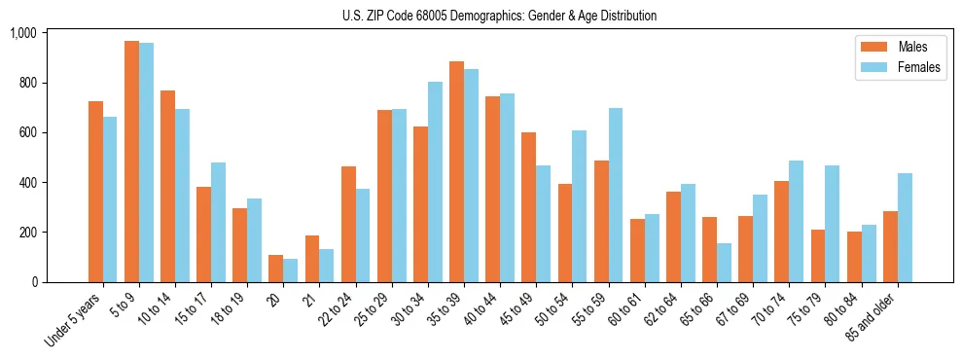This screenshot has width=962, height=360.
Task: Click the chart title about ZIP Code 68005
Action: tap(499, 16)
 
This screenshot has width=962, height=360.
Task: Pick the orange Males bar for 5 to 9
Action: tap(131, 162)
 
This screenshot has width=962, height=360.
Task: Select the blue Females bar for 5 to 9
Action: tap(146, 162)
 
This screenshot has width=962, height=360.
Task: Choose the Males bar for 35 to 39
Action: tap(456, 172)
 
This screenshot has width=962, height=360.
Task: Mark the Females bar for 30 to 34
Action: tap(435, 182)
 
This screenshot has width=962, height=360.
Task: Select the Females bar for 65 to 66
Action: tap(724, 263)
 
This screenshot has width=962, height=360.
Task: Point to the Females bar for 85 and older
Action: tap(905, 228)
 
